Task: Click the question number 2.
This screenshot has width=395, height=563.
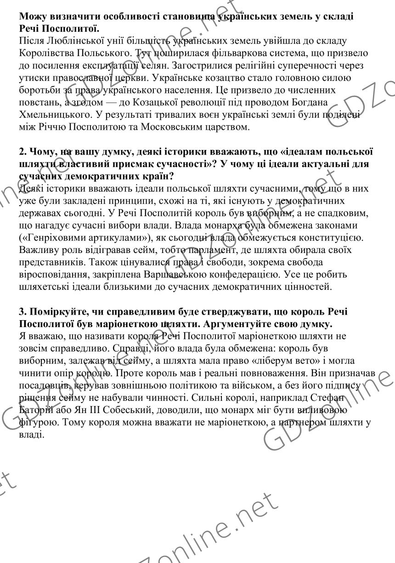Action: tap(23, 152)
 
